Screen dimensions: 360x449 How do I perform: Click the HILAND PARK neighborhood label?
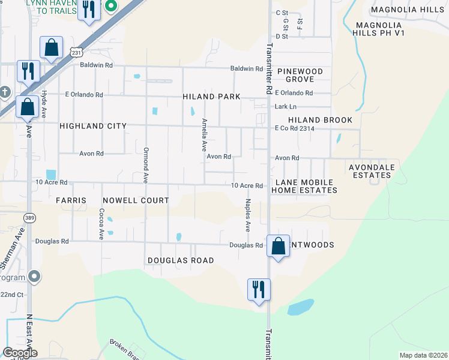tap(212, 97)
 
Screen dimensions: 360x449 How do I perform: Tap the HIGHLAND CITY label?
tap(93, 126)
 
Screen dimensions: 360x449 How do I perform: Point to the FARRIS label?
tap(71, 200)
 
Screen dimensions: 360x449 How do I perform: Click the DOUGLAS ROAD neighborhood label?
tap(181, 260)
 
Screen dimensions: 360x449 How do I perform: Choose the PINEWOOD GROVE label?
tap(300, 75)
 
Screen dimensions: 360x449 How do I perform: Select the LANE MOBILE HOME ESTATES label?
tap(304, 186)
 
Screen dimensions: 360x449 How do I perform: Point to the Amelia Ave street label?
tap(204, 134)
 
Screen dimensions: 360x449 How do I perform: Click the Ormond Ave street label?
tap(145, 165)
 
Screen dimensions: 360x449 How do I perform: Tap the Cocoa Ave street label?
tap(102, 223)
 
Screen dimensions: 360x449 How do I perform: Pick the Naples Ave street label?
tap(247, 216)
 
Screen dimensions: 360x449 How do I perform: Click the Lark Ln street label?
tap(286, 107)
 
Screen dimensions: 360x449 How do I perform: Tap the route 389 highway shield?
tap(29, 217)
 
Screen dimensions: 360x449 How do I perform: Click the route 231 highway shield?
tap(76, 53)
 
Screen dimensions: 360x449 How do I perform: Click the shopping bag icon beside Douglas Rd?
tap(278, 246)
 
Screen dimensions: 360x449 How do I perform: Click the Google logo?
tap(20, 353)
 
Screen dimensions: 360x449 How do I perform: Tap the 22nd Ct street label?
tap(12, 295)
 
